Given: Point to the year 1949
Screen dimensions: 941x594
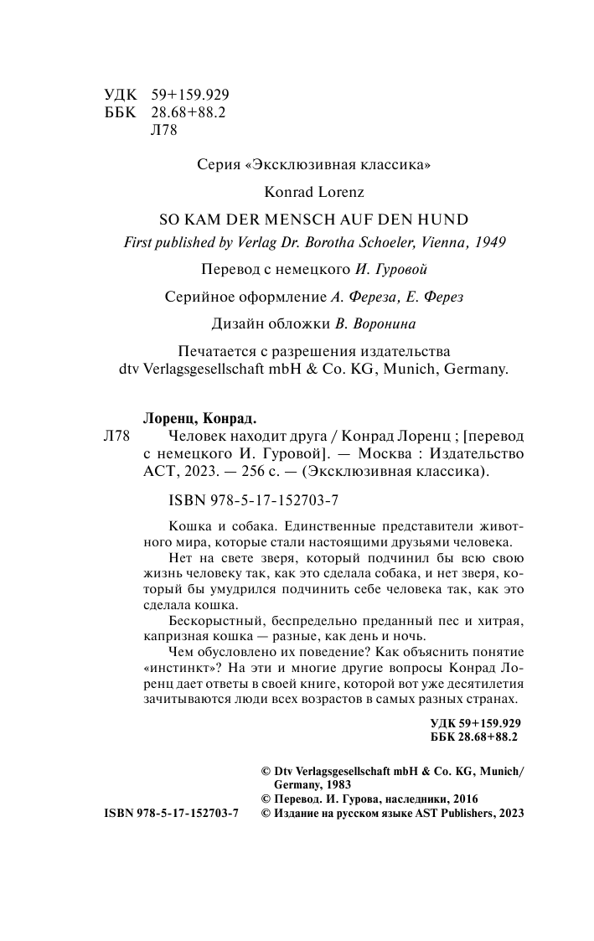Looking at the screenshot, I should pos(491,242).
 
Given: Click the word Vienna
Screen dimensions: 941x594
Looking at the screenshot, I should pos(439,242).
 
